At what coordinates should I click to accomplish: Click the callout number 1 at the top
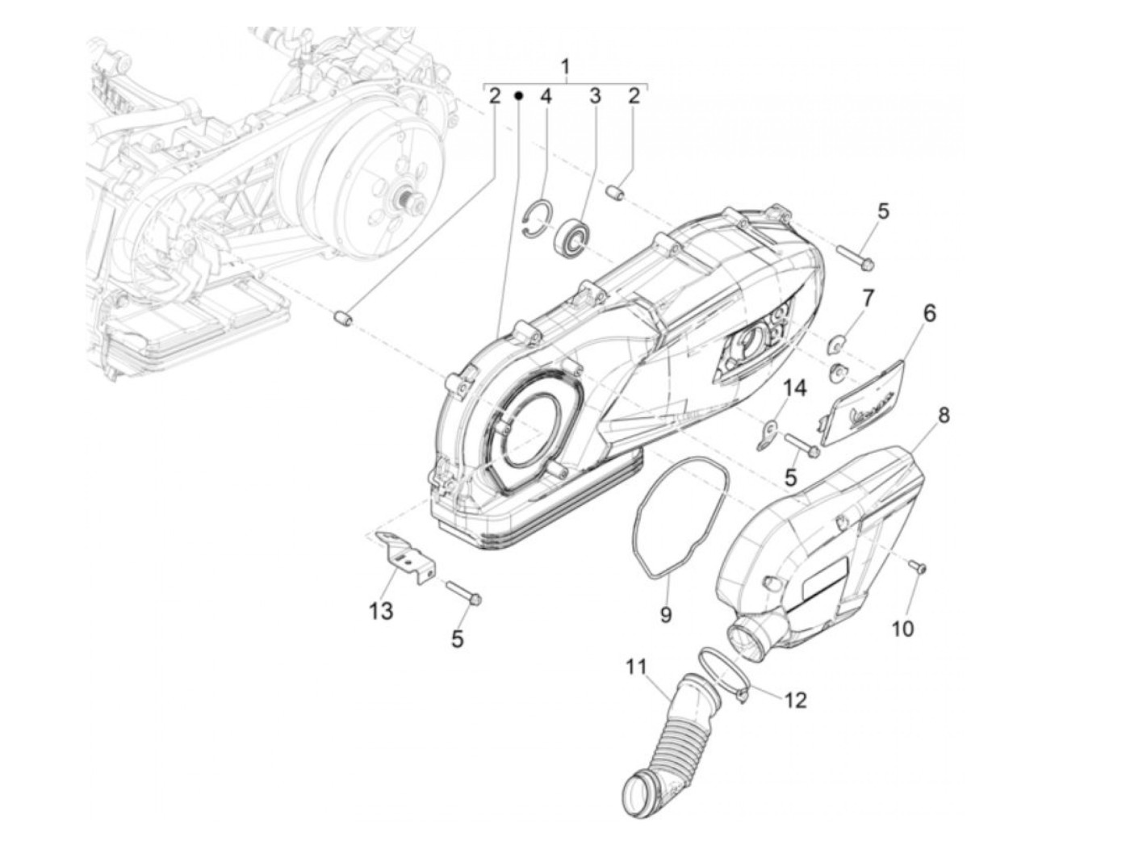coord(565,67)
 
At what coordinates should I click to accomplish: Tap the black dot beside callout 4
coord(519,96)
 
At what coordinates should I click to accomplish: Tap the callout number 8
coord(943,416)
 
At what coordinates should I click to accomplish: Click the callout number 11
coord(636,668)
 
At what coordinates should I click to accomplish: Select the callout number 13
coord(381,611)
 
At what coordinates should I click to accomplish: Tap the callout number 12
coord(795,700)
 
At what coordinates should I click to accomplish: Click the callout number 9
coord(666,615)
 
